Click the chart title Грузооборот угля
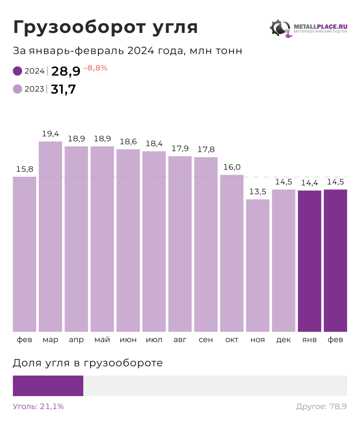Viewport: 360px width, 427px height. tap(105, 28)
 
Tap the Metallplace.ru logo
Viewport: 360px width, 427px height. tap(308, 29)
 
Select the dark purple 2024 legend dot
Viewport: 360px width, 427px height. tap(17, 71)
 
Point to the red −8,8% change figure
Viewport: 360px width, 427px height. tap(95, 68)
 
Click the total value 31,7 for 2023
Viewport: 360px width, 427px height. tap(63, 89)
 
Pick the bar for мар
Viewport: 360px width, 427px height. tap(50, 236)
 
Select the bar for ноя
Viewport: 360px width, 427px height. tap(257, 265)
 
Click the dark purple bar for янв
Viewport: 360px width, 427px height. tap(310, 261)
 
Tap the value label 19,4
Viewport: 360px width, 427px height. tap(50, 134)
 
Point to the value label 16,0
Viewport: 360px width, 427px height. tap(232, 167)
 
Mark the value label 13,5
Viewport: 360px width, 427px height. tap(257, 192)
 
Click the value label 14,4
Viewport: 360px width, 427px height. tap(310, 183)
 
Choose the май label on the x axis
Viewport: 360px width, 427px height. tap(102, 340)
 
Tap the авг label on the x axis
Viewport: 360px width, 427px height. tap(180, 340)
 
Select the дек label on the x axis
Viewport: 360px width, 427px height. tap(283, 340)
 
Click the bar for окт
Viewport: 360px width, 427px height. tap(232, 253)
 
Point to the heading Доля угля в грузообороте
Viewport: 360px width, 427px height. tap(88, 363)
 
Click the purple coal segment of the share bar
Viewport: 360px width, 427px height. tap(48, 386)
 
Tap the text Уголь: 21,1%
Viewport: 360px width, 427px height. tap(38, 407)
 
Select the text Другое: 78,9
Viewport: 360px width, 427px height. tap(321, 407)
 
